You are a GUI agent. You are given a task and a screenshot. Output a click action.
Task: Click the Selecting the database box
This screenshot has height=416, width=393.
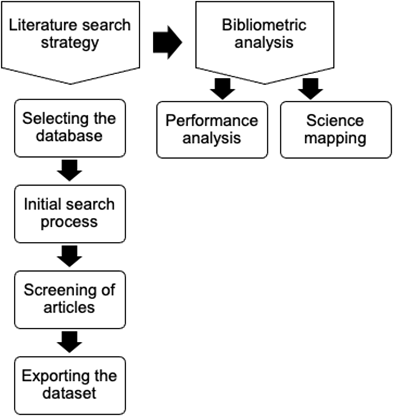[x=70, y=128]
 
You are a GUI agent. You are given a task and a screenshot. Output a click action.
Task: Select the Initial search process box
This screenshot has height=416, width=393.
[x=70, y=214]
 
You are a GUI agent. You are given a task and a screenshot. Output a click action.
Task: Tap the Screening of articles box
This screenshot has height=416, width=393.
[x=70, y=299]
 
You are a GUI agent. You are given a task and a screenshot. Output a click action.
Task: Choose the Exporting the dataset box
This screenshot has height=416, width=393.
[x=70, y=385]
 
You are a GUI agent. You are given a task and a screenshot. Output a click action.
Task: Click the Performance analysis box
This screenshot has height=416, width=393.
[x=212, y=129]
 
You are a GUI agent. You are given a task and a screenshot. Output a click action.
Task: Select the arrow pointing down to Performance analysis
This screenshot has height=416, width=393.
[x=222, y=89]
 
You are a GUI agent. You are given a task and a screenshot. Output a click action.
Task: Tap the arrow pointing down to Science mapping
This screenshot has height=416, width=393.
[x=310, y=89]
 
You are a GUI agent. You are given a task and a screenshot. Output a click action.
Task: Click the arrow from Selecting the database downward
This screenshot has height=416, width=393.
[x=70, y=170]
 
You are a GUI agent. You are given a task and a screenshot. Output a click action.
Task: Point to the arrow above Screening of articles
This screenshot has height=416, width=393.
[x=70, y=256]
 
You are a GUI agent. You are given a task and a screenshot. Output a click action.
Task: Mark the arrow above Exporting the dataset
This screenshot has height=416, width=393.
[x=70, y=342]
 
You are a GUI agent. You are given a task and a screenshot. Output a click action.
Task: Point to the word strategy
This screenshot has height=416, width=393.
[x=70, y=42]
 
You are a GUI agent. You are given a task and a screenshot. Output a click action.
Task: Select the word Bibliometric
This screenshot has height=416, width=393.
[x=264, y=25]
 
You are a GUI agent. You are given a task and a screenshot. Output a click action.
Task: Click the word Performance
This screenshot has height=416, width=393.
[x=212, y=120]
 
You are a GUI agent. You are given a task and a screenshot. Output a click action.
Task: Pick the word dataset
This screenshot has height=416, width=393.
[x=70, y=394]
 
